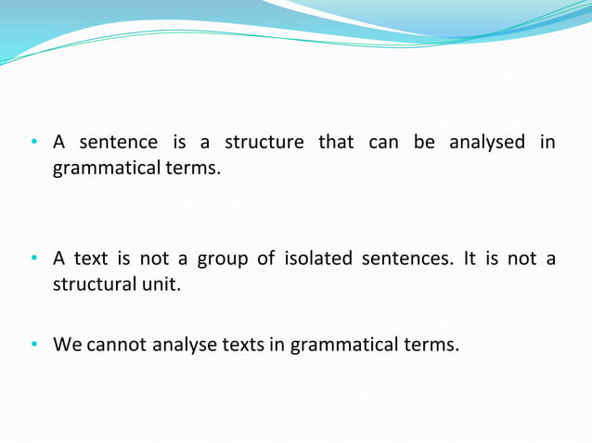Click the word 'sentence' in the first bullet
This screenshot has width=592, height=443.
(118, 143)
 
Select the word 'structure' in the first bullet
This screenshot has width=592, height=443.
(264, 143)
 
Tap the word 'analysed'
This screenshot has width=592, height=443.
(487, 143)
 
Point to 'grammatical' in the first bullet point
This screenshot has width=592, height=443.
(104, 170)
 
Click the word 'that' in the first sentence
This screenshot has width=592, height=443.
(335, 143)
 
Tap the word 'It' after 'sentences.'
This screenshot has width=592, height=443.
(470, 259)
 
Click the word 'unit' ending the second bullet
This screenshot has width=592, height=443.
(160, 285)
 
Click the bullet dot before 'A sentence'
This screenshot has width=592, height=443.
(32, 144)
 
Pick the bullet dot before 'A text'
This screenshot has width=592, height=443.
(32, 259)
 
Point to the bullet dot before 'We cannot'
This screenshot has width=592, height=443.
(32, 346)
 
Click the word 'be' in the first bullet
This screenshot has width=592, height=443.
(424, 143)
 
